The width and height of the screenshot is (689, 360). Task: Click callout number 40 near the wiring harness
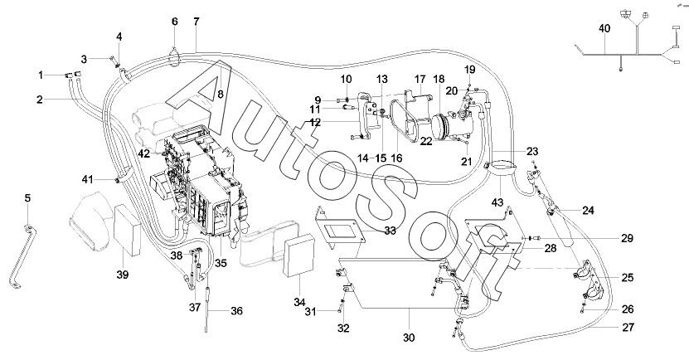[x=604, y=29]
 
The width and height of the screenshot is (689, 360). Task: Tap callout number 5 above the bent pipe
[x=27, y=199]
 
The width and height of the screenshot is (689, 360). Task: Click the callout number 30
[x=410, y=338]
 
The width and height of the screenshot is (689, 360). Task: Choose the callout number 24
[x=588, y=211]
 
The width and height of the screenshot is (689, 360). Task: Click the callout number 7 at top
[x=196, y=21]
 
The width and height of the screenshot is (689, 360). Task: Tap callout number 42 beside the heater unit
[x=143, y=153]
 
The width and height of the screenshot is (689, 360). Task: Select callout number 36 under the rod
[x=236, y=311]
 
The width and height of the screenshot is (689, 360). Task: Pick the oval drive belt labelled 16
[x=405, y=120]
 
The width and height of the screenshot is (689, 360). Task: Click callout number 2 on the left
[x=39, y=100]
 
